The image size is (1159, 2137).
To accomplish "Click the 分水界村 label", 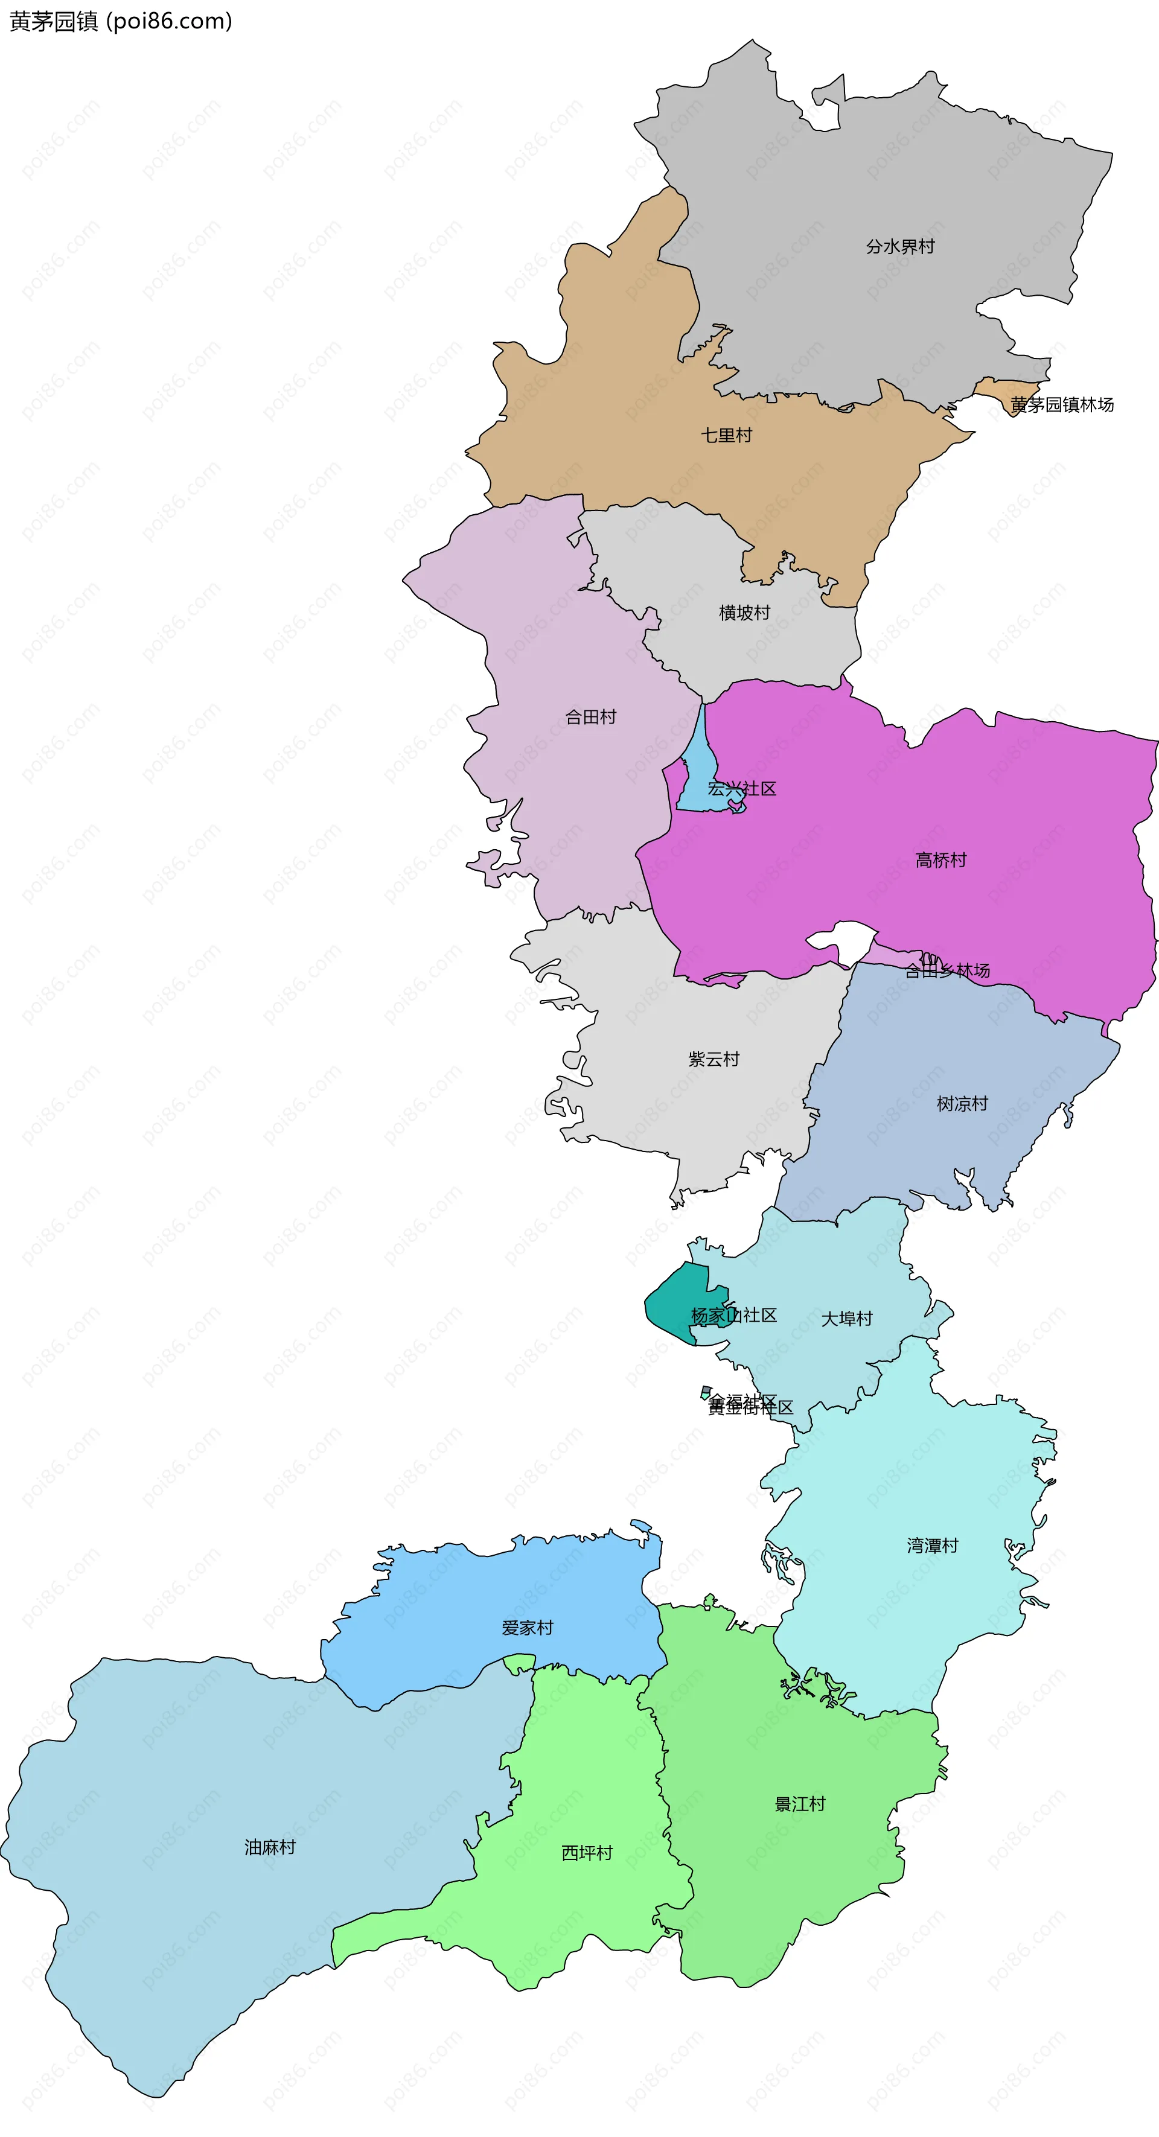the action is [900, 246].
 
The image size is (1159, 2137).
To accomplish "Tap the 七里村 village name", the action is [727, 435].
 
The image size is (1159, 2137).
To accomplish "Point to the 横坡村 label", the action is [744, 612].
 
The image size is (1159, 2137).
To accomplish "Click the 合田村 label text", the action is [591, 717].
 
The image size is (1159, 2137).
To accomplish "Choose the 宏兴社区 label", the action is [742, 788].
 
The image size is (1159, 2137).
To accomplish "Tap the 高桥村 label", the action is [941, 860].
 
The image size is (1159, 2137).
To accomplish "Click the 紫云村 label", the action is [714, 1059].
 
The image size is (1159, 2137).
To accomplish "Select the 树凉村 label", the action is [962, 1103].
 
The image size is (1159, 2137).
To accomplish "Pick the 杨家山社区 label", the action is [734, 1315].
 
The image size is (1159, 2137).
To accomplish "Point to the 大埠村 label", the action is [847, 1318].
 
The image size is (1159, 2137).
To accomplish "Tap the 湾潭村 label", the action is [933, 1546].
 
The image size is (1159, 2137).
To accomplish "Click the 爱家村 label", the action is [528, 1628].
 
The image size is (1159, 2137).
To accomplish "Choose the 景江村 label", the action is [800, 1803].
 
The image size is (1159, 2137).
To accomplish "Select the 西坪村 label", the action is [587, 1853].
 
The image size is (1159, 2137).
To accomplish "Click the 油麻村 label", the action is [270, 1847].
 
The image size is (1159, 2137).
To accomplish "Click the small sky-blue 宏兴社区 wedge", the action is [697, 780].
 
